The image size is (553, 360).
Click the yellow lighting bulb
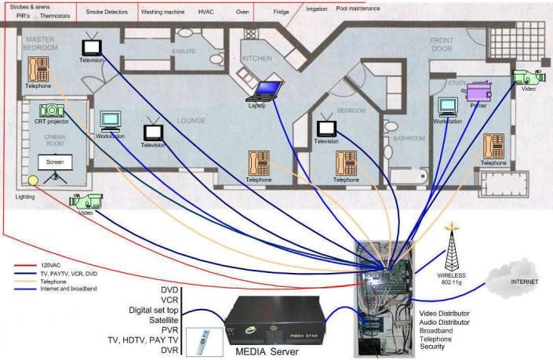click(33, 180)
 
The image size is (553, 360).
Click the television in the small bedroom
click(326, 127)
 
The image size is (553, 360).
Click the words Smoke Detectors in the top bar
click(107, 13)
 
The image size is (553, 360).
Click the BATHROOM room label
click(408, 138)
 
